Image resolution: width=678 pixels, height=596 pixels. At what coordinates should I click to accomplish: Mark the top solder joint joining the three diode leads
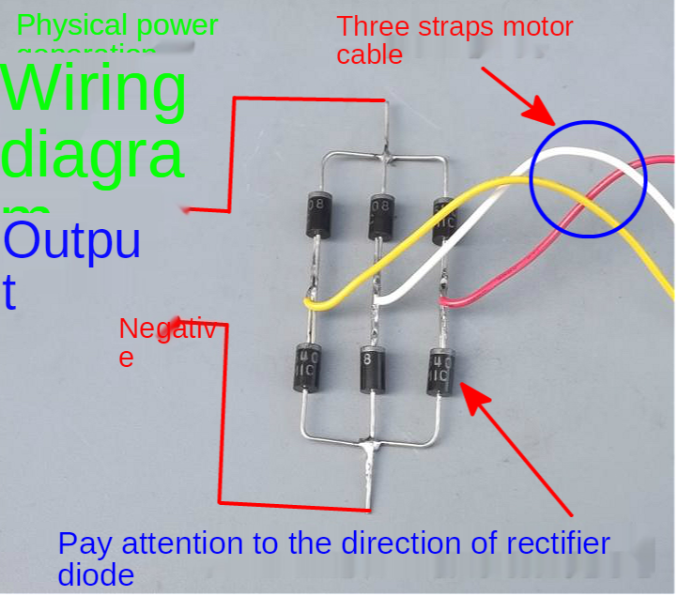[x=385, y=155]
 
